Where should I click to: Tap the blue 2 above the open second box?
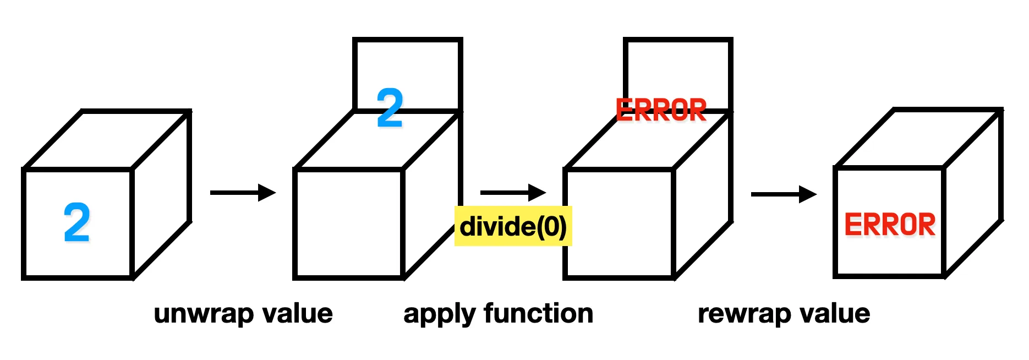390,108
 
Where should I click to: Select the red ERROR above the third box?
661,110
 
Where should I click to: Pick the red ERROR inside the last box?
890,225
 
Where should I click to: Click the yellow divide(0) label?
513,226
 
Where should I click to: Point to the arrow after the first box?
243,193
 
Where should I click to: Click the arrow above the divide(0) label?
513,193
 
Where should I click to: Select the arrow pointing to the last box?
784,194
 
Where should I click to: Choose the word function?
539,313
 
